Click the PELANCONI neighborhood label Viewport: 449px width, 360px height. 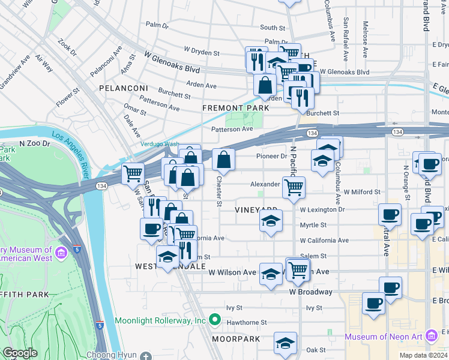pos(124,88)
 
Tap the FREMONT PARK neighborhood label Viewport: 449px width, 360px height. pos(235,108)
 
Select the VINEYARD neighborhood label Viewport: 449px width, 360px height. pos(256,209)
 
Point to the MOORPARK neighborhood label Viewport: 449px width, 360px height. pos(235,339)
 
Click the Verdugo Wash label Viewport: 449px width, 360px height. pos(160,144)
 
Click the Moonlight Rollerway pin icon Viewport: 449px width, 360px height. pos(213,320)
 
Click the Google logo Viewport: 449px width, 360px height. pos(20,353)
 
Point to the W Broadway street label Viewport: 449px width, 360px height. pos(310,292)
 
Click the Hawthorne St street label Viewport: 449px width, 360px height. pos(247,323)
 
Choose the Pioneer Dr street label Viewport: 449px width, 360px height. pos(272,156)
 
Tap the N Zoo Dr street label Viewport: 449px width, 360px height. pos(33,144)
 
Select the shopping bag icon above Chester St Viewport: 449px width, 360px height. pos(223,159)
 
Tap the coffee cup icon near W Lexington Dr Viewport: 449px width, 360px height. pos(390,214)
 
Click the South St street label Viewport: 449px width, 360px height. pos(272,28)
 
